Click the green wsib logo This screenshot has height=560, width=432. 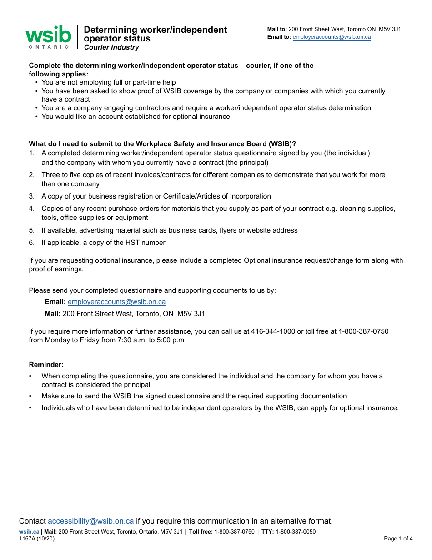(48, 35)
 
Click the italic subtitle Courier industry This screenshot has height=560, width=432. (111, 47)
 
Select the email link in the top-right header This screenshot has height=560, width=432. (332, 37)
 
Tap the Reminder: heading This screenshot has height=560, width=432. (46, 365)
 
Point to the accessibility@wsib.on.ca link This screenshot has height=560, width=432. (91, 521)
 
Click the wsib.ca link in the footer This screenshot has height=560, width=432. (29, 532)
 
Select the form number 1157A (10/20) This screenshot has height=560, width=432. (37, 539)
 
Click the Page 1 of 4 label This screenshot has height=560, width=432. (398, 539)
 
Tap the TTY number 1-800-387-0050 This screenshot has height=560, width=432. (295, 532)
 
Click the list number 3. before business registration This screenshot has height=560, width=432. (32, 196)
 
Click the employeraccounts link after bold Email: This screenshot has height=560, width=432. (116, 302)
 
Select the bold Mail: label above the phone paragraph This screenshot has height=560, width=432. (52, 314)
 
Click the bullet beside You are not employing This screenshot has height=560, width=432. (36, 82)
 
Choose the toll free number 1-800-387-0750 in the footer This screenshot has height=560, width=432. (234, 532)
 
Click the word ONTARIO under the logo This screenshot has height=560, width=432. (49, 46)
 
